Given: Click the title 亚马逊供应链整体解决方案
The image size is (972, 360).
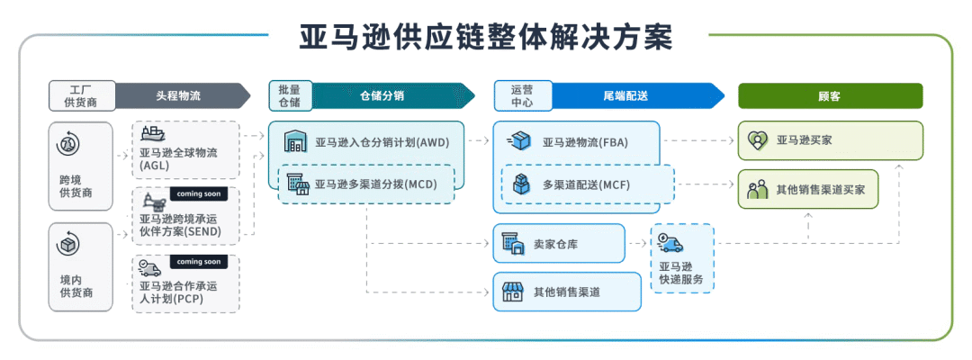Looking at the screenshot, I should pos(486,37).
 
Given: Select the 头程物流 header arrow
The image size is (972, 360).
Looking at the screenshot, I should pos(180,95).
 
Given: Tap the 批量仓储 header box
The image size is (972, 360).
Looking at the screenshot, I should pos(289,95).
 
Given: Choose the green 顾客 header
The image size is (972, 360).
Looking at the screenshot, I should pos(830,95).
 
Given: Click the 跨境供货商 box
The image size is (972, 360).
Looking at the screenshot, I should pos(81,167).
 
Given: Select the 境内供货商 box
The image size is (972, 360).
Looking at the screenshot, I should pos(81,267).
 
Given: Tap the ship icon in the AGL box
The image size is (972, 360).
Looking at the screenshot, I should pos(153,134).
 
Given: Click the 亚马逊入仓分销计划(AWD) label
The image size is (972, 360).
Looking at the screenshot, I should pos(382,142).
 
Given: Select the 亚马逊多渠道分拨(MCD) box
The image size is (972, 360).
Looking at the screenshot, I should pos(366,184).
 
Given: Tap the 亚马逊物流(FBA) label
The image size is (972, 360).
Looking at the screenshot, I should pos(585,142).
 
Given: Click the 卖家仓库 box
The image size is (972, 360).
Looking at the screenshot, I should pos(558,243).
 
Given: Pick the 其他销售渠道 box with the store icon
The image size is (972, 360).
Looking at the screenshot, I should pos(567,292).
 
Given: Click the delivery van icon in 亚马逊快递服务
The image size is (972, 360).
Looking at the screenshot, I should pos(670,242).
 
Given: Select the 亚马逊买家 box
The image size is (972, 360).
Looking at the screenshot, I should pos(830,140).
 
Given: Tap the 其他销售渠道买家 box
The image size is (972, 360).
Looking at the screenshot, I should pos(807,190).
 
